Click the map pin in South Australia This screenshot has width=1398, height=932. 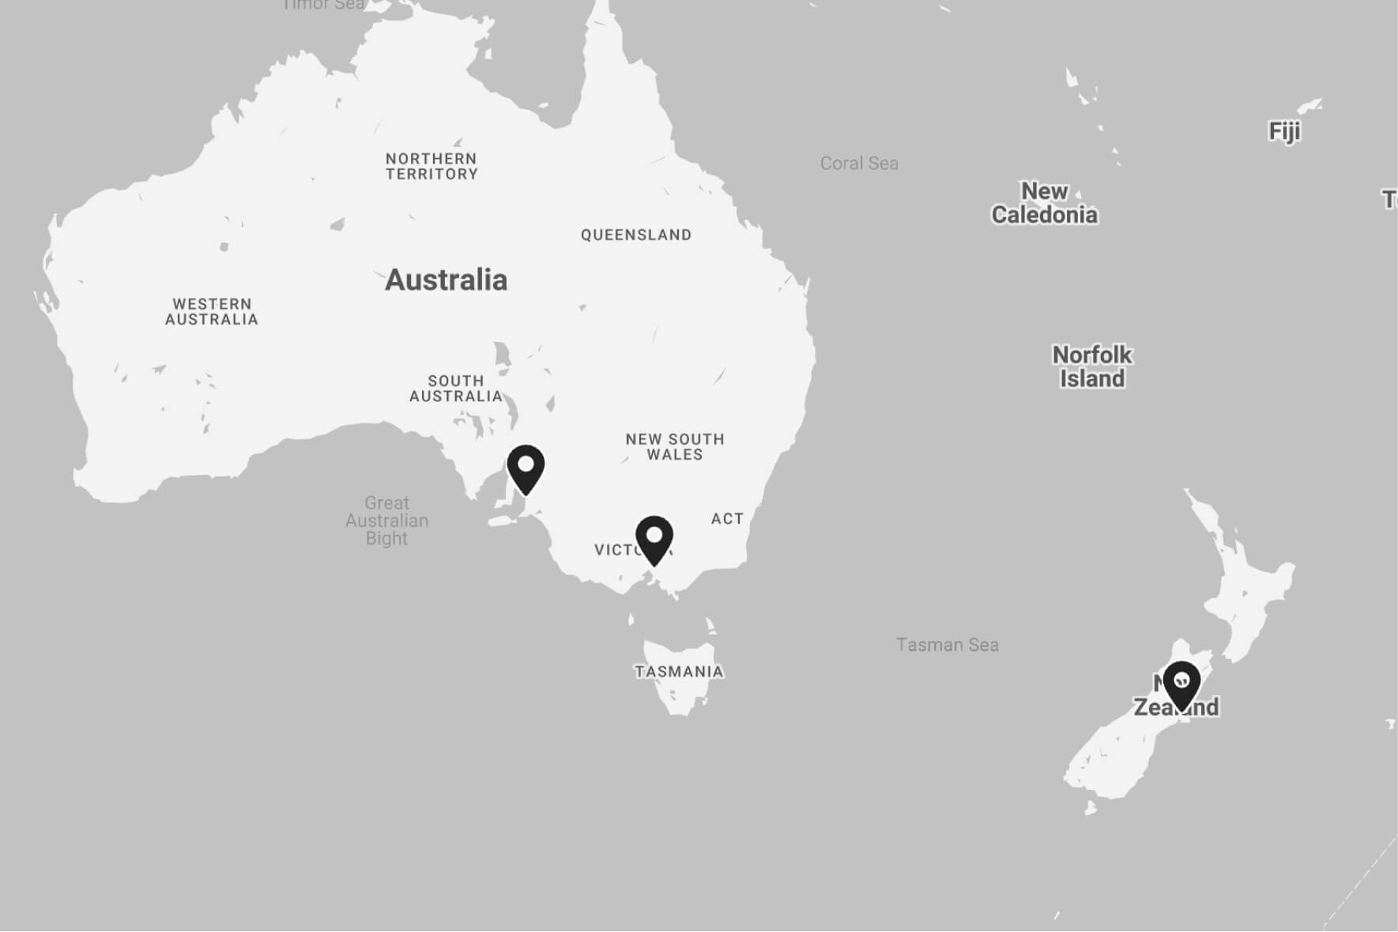coord(526,467)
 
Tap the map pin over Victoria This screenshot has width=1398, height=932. coord(654,538)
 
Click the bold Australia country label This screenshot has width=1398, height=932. coord(446,280)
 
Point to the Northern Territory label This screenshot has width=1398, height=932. coord(431,167)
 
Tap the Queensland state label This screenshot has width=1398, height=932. coord(636,235)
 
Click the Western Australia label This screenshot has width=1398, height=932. coord(212,311)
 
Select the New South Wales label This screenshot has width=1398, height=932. coord(675,446)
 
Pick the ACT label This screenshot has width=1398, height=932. coord(727,519)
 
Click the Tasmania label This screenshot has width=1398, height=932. coord(679,671)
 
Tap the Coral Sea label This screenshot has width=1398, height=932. coord(859,163)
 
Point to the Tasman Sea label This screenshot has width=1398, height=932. coord(947,645)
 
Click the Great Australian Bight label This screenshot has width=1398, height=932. coord(386,520)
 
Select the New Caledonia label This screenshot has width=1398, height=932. coord(1044,203)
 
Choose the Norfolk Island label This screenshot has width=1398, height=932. coord(1092,366)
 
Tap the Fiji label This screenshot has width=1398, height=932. coord(1284,131)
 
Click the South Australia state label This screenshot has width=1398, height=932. coord(456,389)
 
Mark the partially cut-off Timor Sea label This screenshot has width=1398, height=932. coord(324,5)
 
